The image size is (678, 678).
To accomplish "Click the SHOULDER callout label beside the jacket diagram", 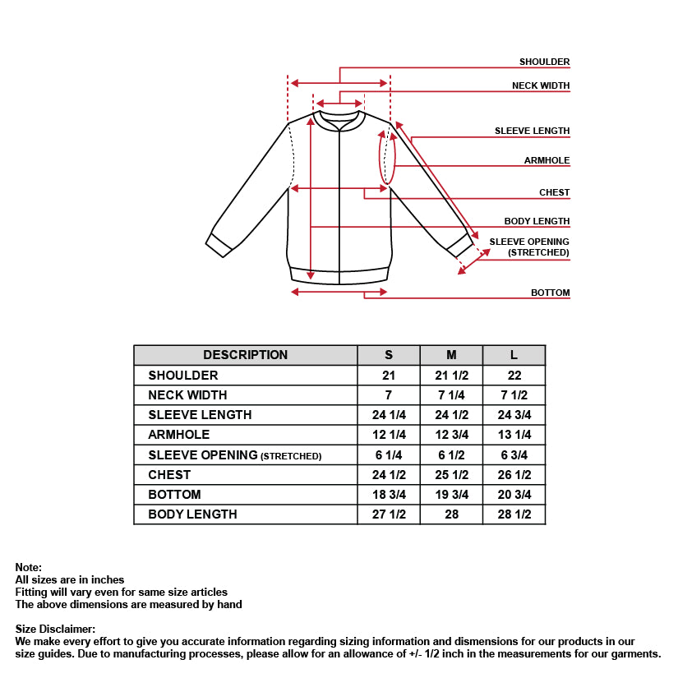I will click(x=544, y=62).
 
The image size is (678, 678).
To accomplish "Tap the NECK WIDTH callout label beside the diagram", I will click(x=540, y=85).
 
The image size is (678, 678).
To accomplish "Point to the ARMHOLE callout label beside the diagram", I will click(x=547, y=160).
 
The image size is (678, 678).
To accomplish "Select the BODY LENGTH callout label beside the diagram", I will click(x=537, y=221).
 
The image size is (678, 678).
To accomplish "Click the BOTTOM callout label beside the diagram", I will click(x=550, y=293).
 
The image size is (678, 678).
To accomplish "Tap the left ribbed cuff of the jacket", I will click(x=219, y=244).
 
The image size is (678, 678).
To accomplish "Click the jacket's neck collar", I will click(x=339, y=120).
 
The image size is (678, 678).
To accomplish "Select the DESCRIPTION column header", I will click(x=245, y=355).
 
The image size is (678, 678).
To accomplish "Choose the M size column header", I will click(x=451, y=355).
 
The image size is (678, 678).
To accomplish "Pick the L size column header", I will click(x=514, y=355).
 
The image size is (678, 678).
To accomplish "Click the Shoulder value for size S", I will click(x=389, y=376).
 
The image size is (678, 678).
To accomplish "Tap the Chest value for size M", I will click(x=451, y=475).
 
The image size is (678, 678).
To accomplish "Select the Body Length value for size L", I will click(x=514, y=514).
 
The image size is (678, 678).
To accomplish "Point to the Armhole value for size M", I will click(x=451, y=435).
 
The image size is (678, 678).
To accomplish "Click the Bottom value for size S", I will click(x=389, y=495).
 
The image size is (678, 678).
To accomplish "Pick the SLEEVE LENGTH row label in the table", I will click(x=200, y=415).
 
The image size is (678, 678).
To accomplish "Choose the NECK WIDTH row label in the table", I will click(x=187, y=395).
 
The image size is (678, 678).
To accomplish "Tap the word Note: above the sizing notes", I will click(x=28, y=567).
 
